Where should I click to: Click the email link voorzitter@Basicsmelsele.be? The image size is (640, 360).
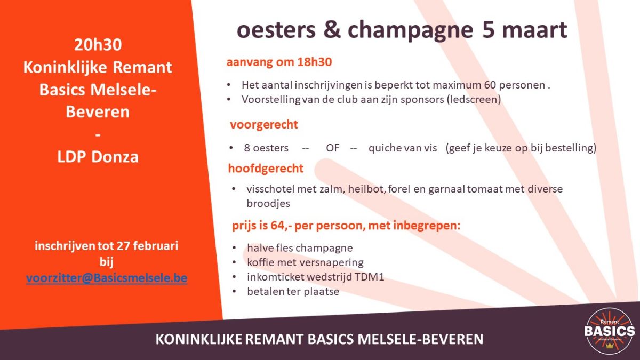(107, 278)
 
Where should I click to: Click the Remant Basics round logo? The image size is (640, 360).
(610, 331)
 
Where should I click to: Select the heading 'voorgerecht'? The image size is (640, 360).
(264, 125)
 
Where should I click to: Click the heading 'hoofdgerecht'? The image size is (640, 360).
(266, 169)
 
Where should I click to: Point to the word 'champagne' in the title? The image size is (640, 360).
(410, 30)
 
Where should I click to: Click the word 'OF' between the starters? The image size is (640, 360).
(332, 148)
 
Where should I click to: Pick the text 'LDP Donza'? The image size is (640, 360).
(98, 157)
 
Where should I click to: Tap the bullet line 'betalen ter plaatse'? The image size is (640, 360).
(293, 291)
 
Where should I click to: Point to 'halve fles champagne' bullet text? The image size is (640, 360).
(300, 248)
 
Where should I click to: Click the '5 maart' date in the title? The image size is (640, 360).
(524, 30)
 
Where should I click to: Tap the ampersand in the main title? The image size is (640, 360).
(332, 31)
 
